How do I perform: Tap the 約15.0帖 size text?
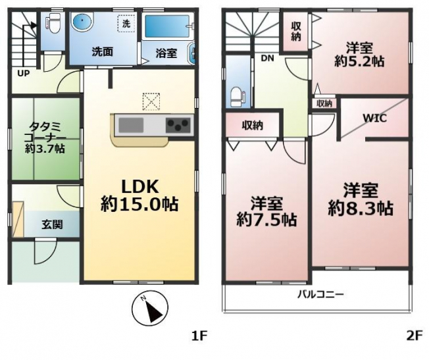(139, 204)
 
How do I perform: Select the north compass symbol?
(149, 308)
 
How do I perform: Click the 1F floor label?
(200, 336)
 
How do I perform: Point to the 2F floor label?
(415, 336)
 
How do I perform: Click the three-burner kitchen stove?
(178, 125)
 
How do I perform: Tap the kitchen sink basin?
(131, 125)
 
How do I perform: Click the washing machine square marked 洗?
(126, 24)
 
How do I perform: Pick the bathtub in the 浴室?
(166, 26)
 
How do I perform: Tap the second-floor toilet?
(238, 96)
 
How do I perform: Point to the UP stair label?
(24, 73)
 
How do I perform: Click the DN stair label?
(268, 58)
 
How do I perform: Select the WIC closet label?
(374, 118)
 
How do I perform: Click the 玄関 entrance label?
(53, 224)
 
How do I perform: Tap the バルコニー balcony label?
(320, 295)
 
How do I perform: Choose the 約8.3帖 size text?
(361, 209)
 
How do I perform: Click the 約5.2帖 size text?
(359, 61)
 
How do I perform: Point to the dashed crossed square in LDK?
(151, 101)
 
